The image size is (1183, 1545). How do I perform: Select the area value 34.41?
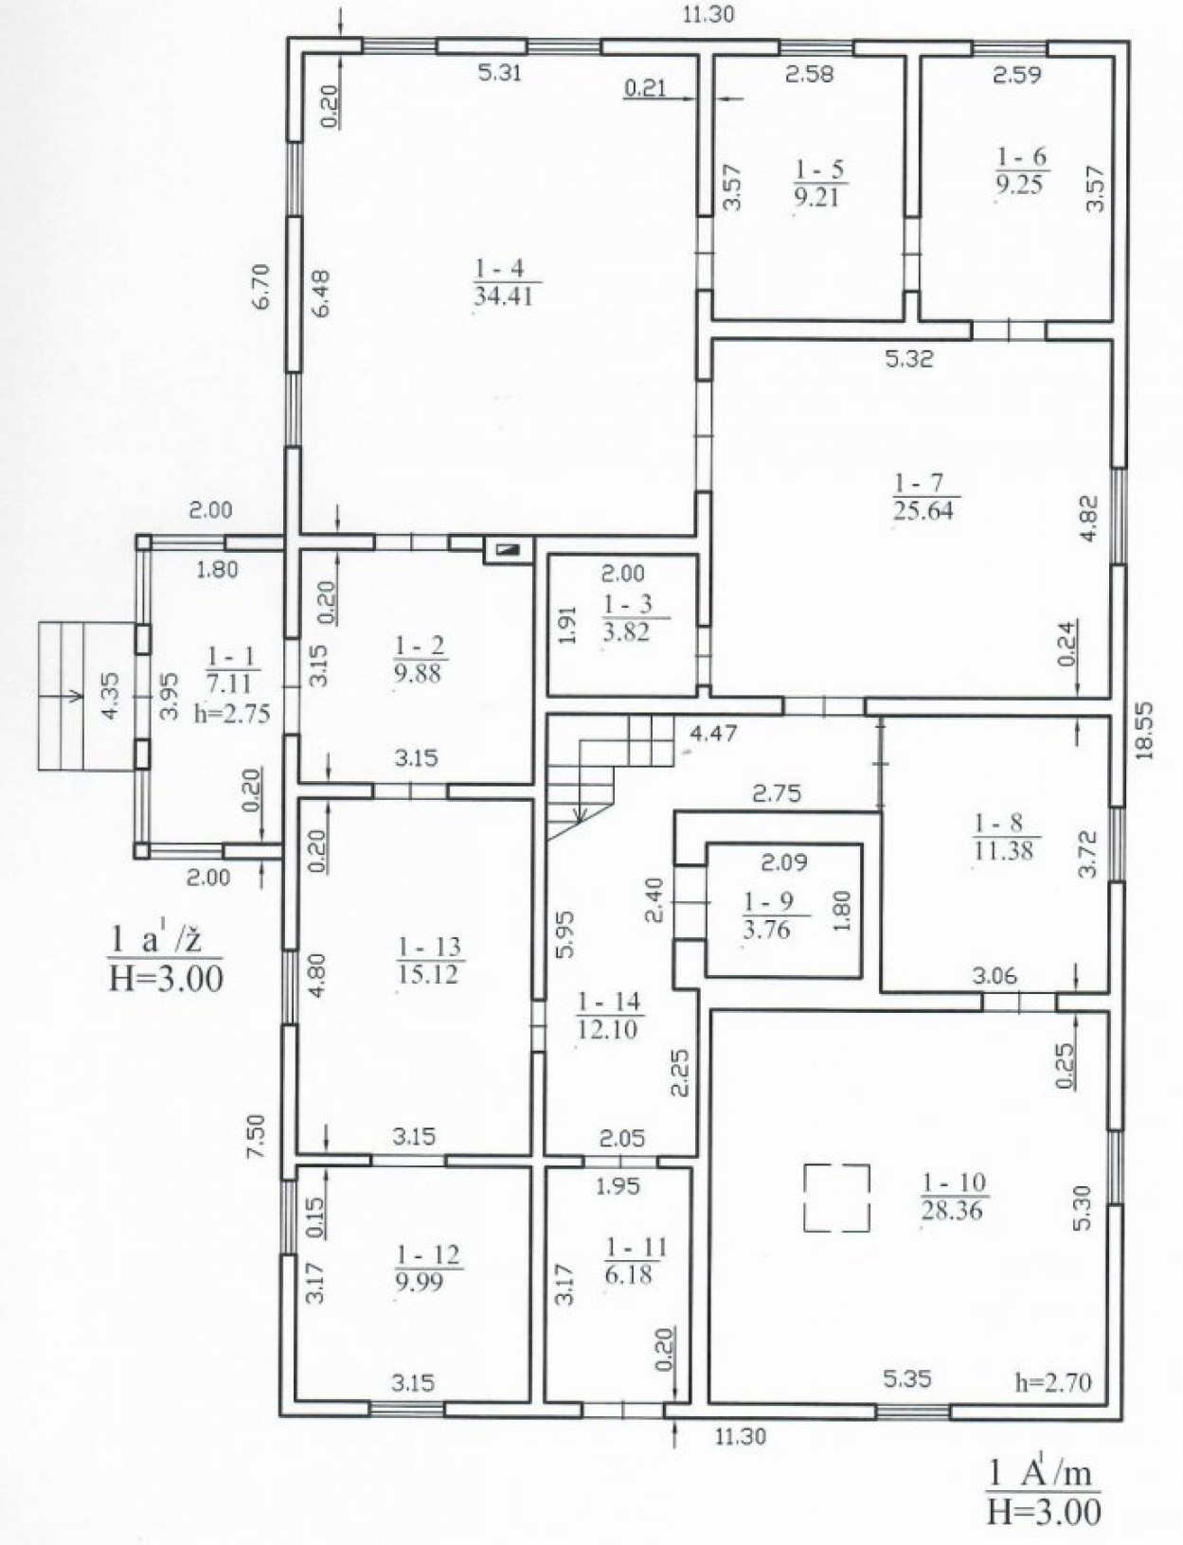pyautogui.click(x=503, y=296)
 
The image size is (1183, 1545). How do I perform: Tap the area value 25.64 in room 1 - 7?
pyautogui.click(x=923, y=509)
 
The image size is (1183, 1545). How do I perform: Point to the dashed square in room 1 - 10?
pyautogui.click(x=837, y=1198)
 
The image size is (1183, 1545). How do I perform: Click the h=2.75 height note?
pyautogui.click(x=232, y=714)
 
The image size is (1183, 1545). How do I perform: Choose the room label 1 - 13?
pyautogui.click(x=429, y=948)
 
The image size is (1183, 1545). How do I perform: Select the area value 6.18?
pyautogui.click(x=628, y=1274)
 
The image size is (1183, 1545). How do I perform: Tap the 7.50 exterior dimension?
pyautogui.click(x=259, y=1135)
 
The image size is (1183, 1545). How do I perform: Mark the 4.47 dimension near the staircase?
pyautogui.click(x=714, y=734)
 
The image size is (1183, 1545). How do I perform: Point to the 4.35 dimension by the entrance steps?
pyautogui.click(x=111, y=697)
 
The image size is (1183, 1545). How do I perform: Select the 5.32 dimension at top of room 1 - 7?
pyautogui.click(x=909, y=360)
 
